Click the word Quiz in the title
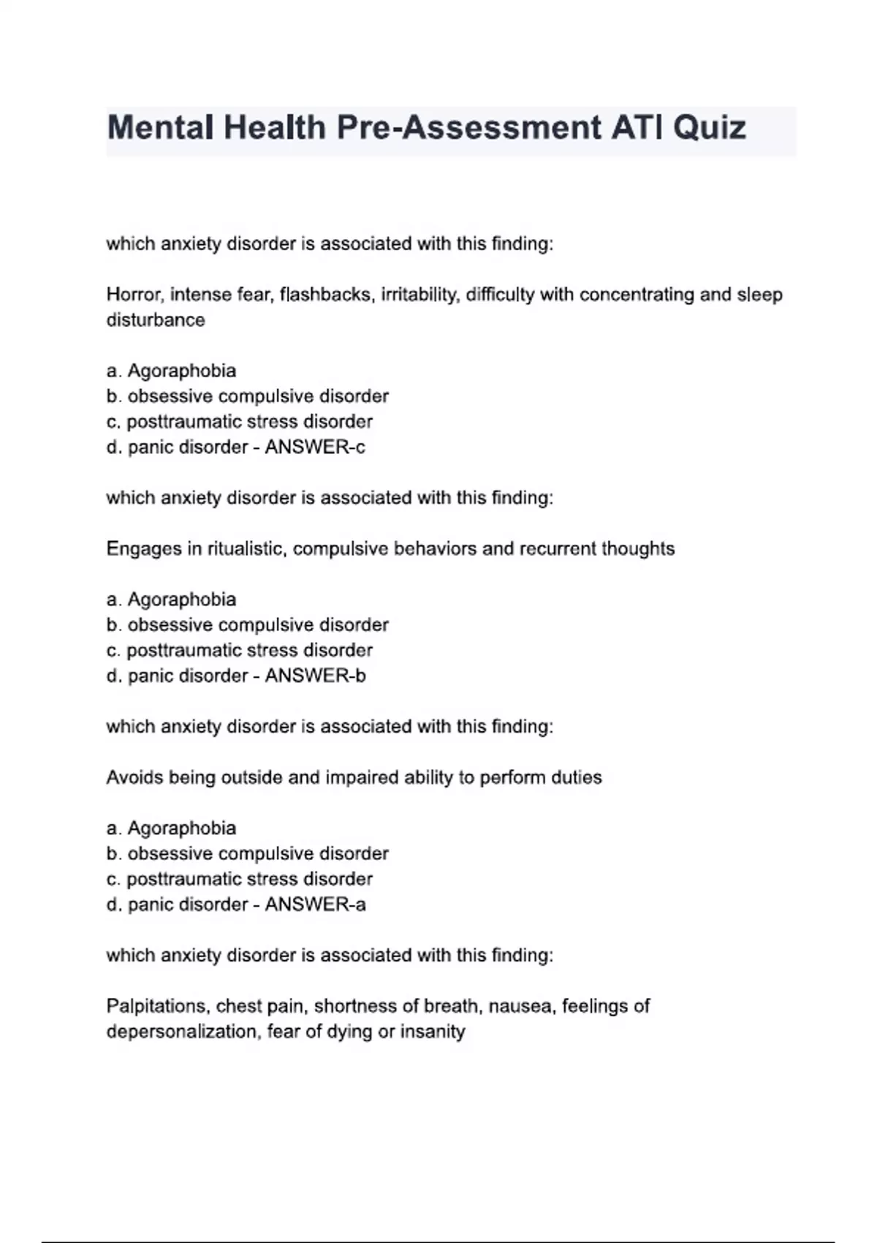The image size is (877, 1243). click(709, 128)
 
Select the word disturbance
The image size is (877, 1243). click(156, 320)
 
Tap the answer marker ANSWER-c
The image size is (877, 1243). click(315, 447)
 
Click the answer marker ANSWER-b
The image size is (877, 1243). click(315, 676)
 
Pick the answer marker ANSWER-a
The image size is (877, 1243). click(315, 904)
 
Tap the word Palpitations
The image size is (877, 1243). click(158, 1006)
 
